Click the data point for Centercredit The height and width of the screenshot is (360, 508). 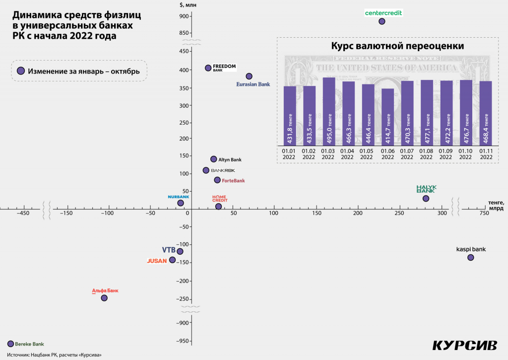point(382,21)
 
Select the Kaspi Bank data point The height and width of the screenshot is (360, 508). point(470,257)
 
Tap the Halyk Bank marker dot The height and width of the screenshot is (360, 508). point(426,199)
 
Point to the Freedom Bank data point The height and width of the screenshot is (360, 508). point(208,68)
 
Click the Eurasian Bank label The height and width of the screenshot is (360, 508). point(253,84)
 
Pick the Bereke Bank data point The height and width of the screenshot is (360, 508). point(11,344)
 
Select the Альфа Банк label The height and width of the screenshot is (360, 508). point(105,291)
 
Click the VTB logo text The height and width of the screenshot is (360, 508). point(169,250)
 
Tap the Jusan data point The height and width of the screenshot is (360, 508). point(172,260)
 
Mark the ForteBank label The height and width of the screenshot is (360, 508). point(233,181)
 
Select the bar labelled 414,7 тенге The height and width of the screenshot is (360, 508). point(387,117)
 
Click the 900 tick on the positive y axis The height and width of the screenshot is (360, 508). point(184,16)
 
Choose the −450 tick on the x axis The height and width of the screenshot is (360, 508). point(22,213)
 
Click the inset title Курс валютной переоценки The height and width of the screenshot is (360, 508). point(390,46)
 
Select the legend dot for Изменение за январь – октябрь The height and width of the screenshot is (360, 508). point(21,71)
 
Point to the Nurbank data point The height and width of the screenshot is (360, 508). point(181,203)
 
